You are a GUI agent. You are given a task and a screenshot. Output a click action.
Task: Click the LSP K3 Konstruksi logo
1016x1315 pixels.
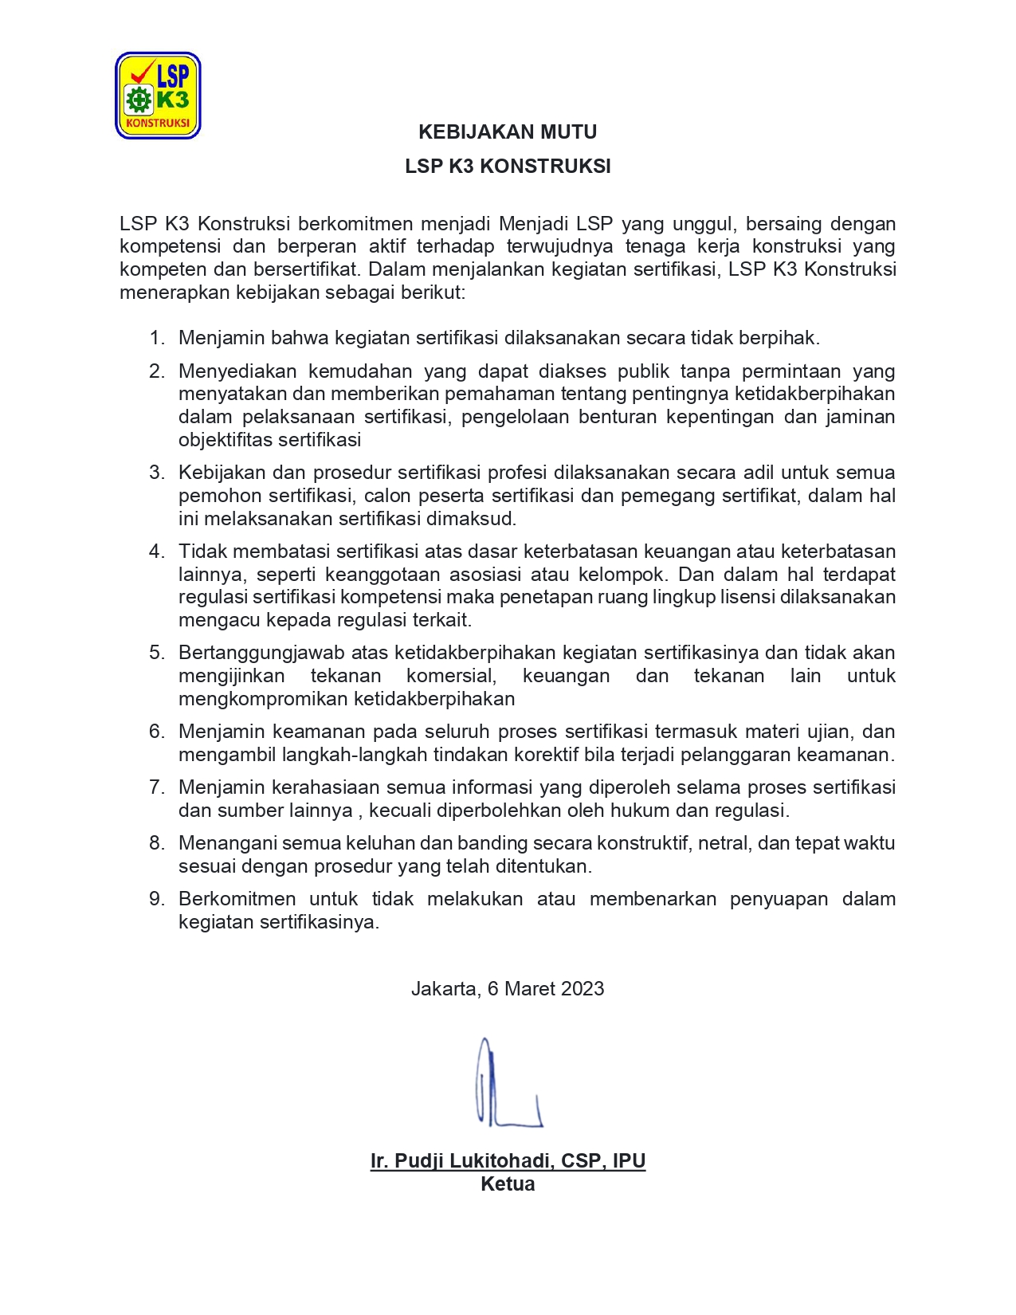click(x=158, y=96)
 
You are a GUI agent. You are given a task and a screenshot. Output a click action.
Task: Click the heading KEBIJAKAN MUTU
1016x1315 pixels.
click(x=508, y=131)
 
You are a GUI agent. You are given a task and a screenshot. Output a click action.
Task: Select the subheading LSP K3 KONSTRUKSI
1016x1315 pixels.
click(x=508, y=166)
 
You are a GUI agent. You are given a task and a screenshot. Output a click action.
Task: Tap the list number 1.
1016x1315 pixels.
click(x=157, y=338)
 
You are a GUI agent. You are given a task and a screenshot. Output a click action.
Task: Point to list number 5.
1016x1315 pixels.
click(x=157, y=653)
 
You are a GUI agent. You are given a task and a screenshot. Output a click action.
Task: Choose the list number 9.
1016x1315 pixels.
click(x=157, y=899)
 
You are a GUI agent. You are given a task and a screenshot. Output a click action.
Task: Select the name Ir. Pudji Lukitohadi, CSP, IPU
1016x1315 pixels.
click(x=508, y=1160)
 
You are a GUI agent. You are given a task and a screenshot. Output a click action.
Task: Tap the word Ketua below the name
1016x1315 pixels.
click(x=508, y=1183)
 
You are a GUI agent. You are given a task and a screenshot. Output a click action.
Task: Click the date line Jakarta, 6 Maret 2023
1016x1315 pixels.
click(x=508, y=988)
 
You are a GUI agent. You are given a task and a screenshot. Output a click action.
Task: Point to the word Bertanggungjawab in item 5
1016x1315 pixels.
click(x=261, y=653)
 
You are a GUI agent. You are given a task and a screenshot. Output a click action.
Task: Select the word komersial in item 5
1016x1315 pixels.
click(x=451, y=676)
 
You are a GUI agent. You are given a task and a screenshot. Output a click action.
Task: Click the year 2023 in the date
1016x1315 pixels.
click(x=582, y=988)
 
